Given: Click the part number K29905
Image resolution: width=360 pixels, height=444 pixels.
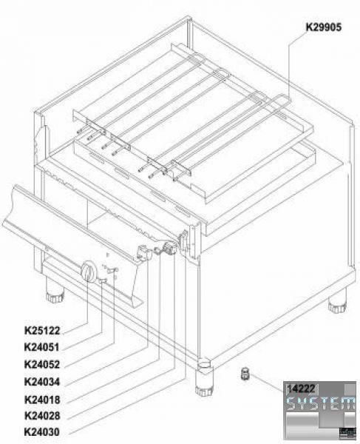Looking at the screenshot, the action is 324,27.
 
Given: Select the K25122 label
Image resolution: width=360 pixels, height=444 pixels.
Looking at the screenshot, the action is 42,331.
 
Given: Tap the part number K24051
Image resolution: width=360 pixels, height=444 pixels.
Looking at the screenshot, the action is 42,347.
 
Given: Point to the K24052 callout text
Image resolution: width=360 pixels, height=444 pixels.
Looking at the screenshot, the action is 42,364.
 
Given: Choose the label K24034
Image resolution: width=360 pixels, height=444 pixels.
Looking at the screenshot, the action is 42,382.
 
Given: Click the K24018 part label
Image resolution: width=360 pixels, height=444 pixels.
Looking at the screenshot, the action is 42,400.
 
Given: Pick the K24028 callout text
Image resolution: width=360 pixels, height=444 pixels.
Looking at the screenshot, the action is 42,416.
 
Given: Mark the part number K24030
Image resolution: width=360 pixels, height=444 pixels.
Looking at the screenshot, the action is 42,432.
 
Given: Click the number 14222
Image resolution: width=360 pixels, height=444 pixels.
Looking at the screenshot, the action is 301,388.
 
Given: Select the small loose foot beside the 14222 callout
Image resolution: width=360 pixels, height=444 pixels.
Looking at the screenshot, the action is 245,374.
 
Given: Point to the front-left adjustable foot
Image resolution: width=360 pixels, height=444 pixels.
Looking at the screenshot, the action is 55,295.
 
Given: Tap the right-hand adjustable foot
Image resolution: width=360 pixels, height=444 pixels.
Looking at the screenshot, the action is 337,304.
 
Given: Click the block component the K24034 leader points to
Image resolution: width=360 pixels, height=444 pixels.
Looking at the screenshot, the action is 144,252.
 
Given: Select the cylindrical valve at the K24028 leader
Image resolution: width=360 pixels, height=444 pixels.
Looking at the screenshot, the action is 170,249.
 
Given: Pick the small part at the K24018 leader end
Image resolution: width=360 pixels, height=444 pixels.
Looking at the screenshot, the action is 157,250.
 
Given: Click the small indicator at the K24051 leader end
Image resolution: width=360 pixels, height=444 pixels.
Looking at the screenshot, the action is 102,280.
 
